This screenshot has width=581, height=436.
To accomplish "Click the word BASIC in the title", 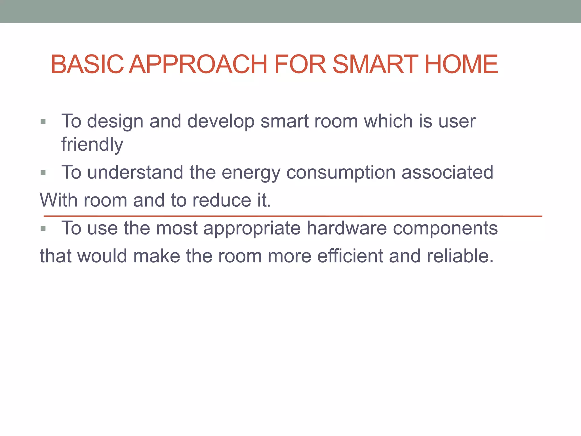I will click(87, 64).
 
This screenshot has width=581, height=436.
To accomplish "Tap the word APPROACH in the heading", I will click(198, 64).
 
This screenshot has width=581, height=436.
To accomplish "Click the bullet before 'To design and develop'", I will click(43, 122).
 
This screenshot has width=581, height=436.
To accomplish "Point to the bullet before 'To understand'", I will click(43, 173).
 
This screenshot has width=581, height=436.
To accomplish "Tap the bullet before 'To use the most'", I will click(43, 229).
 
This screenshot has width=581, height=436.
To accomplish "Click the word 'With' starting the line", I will click(58, 200).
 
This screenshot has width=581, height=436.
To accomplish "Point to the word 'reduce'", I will click(222, 200).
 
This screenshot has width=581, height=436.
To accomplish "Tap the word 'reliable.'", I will click(460, 256).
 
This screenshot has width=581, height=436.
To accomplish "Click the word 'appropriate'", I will click(252, 229).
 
